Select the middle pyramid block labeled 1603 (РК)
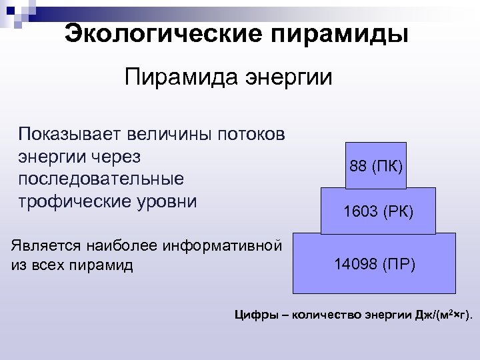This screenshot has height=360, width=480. point(378,211)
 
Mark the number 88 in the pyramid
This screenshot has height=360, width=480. point(358,165)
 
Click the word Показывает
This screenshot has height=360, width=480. point(71,135)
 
